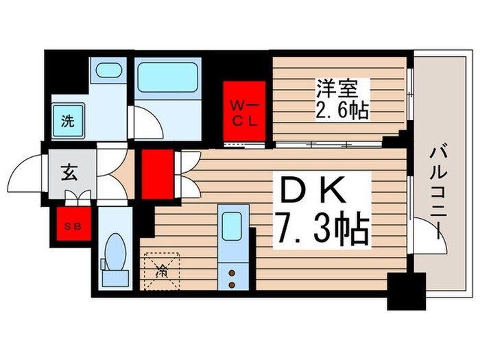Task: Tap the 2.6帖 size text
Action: pyautogui.click(x=342, y=110)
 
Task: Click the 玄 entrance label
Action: pyautogui.click(x=70, y=173)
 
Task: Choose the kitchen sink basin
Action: pyautogui.click(x=231, y=224)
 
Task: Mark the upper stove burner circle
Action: pyautogui.click(x=231, y=272)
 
